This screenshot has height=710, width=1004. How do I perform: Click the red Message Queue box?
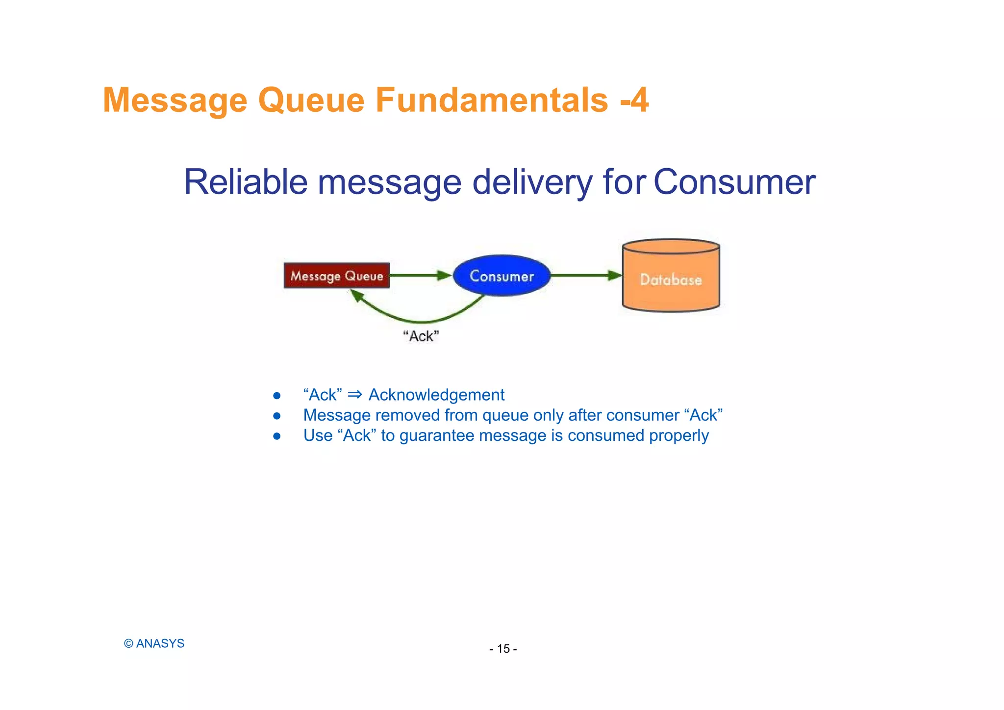[337, 276]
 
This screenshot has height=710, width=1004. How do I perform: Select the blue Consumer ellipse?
[502, 276]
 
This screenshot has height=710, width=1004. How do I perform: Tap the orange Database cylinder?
[671, 279]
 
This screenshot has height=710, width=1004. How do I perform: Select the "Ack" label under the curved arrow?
[421, 336]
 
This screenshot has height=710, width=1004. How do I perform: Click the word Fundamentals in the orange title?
[492, 100]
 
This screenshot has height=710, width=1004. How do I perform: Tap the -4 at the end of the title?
[634, 100]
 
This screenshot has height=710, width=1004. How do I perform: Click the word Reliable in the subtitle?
[245, 182]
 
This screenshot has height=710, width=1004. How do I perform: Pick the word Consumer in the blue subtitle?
[734, 182]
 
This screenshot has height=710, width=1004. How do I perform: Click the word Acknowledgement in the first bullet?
[436, 395]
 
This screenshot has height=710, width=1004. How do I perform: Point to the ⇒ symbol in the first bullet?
[355, 395]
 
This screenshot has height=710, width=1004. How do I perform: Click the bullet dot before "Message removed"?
[277, 416]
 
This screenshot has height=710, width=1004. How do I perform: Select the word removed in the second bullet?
[407, 415]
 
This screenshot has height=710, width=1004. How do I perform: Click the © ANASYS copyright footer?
[154, 643]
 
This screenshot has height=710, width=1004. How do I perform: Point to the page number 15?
[503, 649]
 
